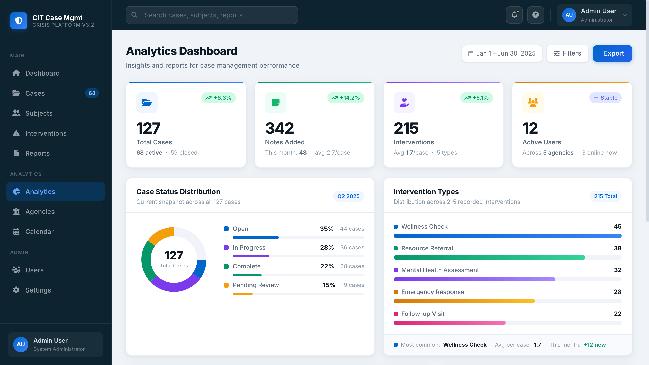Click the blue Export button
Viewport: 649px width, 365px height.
[x=612, y=53]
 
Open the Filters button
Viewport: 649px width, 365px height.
[x=567, y=53]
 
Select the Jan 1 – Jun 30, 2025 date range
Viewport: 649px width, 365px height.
[x=502, y=53]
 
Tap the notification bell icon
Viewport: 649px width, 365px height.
[x=514, y=15]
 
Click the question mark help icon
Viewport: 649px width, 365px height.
[x=535, y=15]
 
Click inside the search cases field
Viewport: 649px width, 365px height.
[x=212, y=15]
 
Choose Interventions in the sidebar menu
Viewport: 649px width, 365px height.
[x=46, y=133]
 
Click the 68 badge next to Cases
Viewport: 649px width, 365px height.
[x=92, y=93]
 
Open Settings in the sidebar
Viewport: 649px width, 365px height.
[x=38, y=290]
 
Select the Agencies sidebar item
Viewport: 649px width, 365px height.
[x=40, y=212]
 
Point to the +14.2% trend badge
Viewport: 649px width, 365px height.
[x=346, y=98]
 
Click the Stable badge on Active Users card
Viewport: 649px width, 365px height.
[x=605, y=98]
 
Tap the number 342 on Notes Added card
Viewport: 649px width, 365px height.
[x=279, y=128]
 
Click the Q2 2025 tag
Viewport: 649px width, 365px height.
[x=348, y=196]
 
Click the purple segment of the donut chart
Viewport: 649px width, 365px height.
[x=175, y=286]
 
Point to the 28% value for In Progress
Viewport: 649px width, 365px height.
[x=327, y=248]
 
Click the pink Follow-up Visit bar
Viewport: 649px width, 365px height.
[x=449, y=323]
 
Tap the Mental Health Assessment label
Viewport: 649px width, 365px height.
[x=440, y=270]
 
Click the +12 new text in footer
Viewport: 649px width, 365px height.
[x=594, y=345]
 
